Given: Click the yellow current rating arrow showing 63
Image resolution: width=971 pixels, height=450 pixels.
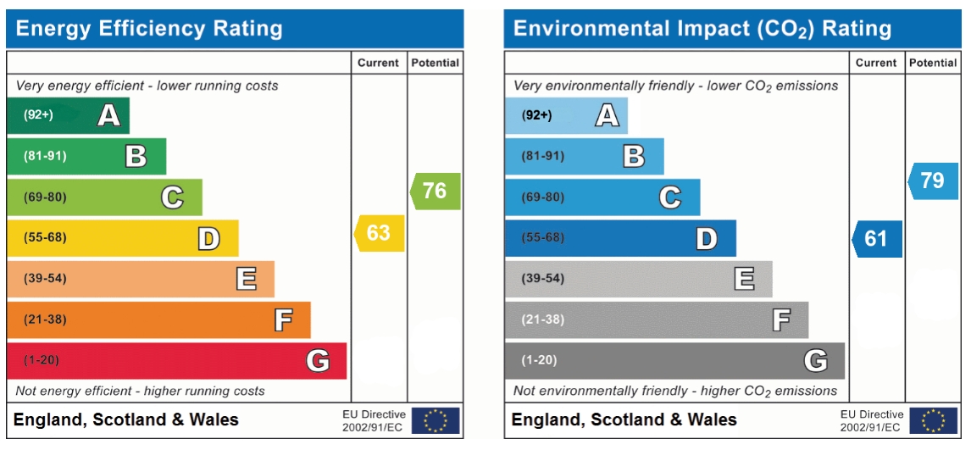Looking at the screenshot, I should click(380, 233).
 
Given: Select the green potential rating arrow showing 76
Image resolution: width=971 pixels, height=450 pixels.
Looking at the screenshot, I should click(436, 191).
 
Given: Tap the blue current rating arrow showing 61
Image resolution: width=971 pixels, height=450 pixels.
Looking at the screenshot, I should click(877, 239).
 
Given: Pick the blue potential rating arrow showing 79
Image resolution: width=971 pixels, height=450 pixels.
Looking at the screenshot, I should click(933, 181).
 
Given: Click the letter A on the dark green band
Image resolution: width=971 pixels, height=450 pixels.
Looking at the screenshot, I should click(108, 115).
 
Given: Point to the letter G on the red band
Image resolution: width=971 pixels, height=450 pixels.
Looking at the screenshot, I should click(318, 361).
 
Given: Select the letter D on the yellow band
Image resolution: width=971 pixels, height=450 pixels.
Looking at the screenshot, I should click(208, 239).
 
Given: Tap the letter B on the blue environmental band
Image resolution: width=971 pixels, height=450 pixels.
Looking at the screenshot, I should click(633, 156).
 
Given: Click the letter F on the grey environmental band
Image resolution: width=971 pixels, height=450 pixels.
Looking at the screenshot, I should click(780, 319).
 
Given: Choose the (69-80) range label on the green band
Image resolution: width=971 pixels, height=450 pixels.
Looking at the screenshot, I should click(45, 197).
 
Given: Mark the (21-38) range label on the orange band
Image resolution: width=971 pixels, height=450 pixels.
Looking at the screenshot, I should click(45, 319).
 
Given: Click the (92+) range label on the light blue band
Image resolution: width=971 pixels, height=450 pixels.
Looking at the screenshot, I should click(535, 115).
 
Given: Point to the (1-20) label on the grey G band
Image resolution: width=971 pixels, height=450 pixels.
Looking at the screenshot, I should click(539, 360).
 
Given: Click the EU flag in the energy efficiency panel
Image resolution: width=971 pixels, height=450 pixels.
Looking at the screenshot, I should click(436, 420).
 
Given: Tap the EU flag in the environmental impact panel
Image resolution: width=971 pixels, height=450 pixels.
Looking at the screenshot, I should click(933, 420).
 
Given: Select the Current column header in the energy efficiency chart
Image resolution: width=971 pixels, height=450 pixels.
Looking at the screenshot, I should click(378, 63).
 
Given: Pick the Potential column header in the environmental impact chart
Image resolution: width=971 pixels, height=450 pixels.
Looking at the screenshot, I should click(933, 63).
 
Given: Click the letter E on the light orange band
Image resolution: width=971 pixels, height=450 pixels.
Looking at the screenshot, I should click(246, 279).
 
